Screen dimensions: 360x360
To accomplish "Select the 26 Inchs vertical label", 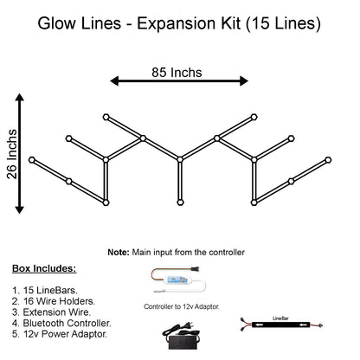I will pos(10,155).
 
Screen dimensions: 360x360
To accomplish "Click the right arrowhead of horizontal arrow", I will pos(244,80).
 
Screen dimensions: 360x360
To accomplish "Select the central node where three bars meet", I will pos(179,158).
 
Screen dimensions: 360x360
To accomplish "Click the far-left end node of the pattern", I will pos(32,160).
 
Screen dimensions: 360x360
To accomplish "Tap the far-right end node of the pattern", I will pos(327,160).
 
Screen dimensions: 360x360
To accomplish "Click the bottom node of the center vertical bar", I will pos(179,203).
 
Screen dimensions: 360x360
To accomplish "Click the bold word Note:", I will pos(119,252).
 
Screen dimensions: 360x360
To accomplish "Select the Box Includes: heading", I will pos(44,269).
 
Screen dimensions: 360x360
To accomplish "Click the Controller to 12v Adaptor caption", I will pos(182,306).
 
